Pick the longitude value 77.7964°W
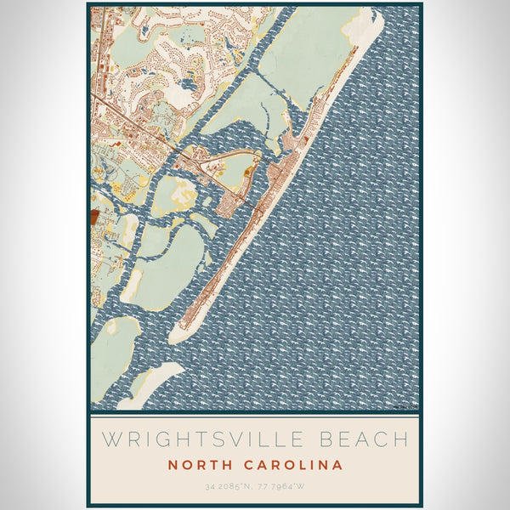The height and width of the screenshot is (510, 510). pyautogui.click(x=286, y=486)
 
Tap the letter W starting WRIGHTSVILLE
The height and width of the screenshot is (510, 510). pyautogui.click(x=109, y=440)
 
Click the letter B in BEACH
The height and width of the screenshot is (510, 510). pyautogui.click(x=327, y=440)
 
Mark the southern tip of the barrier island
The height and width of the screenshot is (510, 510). pyautogui.click(x=174, y=337)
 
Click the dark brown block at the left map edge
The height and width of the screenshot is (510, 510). pyautogui.click(x=93, y=218)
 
